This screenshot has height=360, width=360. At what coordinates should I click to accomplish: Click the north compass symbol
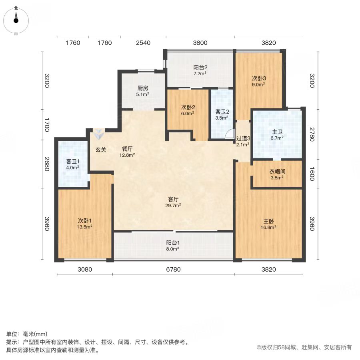(x=16, y=20)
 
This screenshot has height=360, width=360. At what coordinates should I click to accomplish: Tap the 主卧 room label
(x=268, y=221)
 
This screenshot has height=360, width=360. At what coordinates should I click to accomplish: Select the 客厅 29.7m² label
(x=173, y=202)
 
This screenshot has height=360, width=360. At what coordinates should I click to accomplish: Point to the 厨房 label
(x=142, y=88)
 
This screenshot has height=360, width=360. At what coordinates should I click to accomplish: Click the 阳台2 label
(x=200, y=67)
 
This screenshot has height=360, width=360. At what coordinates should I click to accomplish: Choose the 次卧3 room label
(x=259, y=78)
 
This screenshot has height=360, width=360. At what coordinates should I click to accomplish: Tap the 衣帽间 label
(x=277, y=172)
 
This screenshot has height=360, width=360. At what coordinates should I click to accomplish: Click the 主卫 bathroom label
(x=277, y=132)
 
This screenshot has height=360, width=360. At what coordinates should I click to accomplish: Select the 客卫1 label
(x=73, y=162)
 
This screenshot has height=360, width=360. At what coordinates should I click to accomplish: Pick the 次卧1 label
(x=85, y=221)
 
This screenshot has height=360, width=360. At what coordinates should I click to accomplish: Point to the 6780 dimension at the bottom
(x=173, y=269)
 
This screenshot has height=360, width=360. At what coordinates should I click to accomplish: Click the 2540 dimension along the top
(x=143, y=43)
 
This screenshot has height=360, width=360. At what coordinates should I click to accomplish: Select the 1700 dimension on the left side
(x=47, y=125)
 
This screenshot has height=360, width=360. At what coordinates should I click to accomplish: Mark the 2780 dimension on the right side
(x=312, y=134)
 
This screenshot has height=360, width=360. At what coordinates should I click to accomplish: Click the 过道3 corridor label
(x=243, y=138)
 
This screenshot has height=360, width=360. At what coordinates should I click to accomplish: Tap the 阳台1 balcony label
(x=173, y=243)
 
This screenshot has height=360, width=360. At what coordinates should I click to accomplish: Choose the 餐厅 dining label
(x=127, y=149)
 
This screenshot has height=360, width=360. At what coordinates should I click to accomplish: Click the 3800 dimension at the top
(x=200, y=43)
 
